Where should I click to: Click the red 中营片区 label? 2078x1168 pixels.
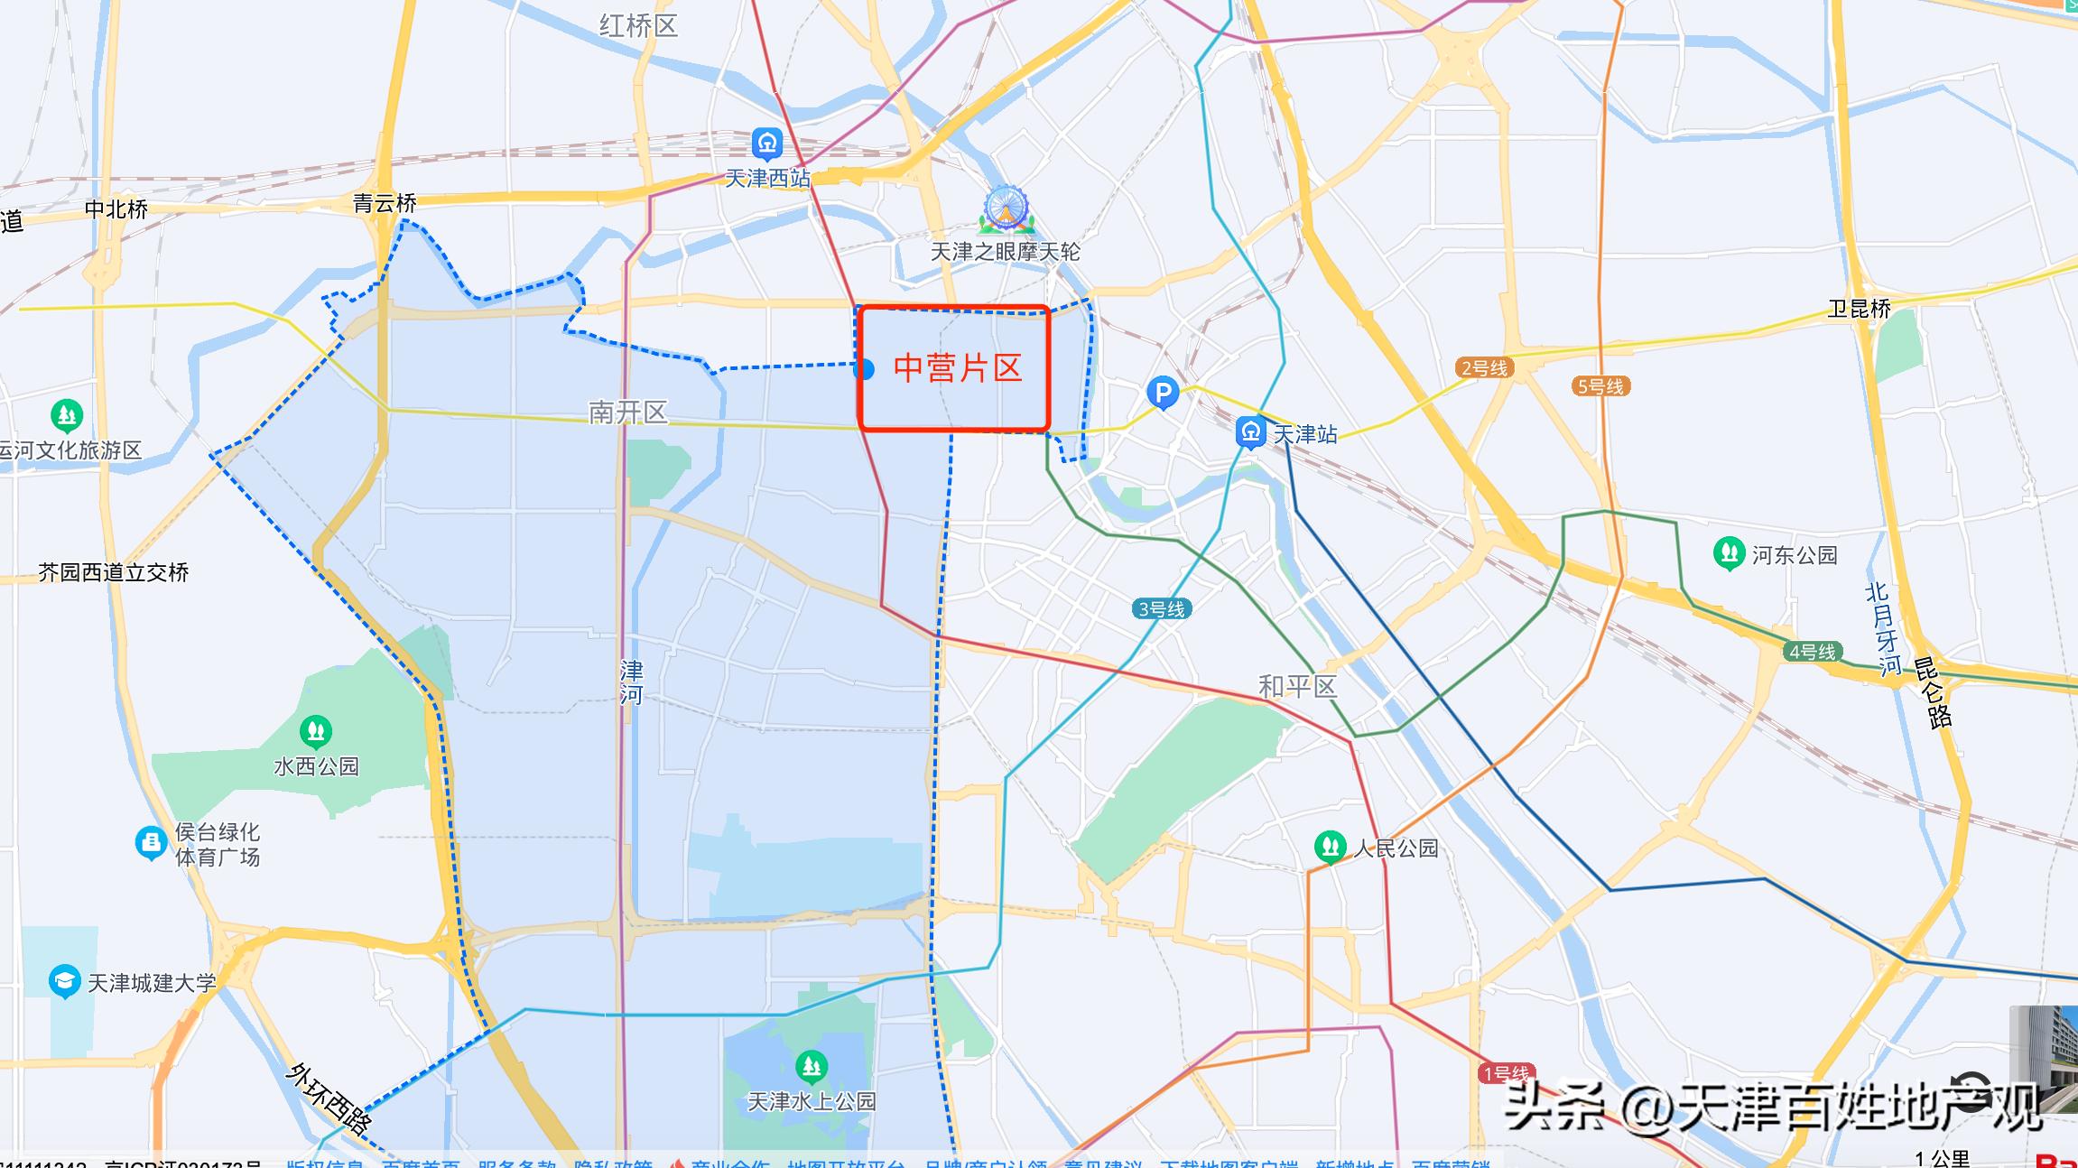click(x=957, y=368)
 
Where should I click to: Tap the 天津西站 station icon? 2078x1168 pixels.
click(x=766, y=143)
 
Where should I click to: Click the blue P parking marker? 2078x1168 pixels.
click(x=1163, y=393)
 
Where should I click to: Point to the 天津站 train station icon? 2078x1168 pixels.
click(x=1251, y=431)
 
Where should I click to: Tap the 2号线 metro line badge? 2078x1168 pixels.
click(x=1484, y=367)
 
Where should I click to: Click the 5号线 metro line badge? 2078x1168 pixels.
click(x=1600, y=386)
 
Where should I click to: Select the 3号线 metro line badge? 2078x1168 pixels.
click(x=1161, y=609)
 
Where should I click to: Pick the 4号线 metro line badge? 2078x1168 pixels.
click(x=1813, y=652)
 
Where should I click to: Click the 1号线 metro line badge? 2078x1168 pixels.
click(x=1506, y=1073)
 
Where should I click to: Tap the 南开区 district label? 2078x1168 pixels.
click(x=627, y=413)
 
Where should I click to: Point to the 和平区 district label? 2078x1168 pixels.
click(x=1297, y=687)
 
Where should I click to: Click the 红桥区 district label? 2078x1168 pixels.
click(x=638, y=25)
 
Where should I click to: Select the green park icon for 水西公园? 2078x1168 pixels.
click(x=316, y=730)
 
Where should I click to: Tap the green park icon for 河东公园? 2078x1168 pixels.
click(x=1729, y=553)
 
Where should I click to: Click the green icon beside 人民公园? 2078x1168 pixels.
click(x=1330, y=847)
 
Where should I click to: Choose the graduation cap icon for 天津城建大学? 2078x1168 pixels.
click(x=64, y=981)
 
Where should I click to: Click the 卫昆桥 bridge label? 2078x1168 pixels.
click(x=1859, y=309)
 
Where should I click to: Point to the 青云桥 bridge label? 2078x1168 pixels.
click(x=385, y=203)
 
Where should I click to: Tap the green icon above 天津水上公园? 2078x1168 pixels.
click(x=812, y=1067)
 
